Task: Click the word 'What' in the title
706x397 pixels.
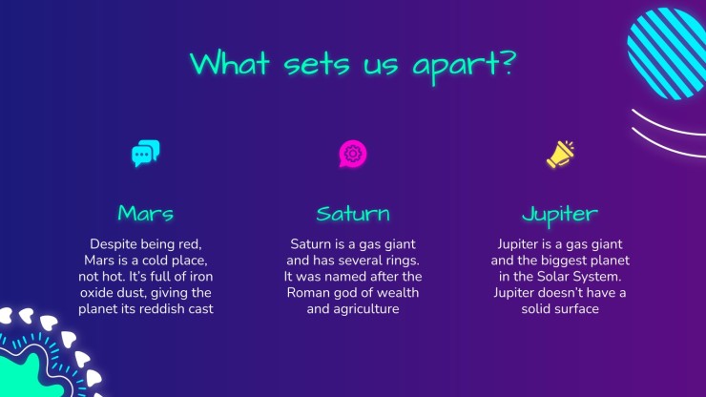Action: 230,63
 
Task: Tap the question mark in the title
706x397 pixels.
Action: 508,63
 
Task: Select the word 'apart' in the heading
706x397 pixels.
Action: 456,67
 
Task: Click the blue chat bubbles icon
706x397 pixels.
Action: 145,154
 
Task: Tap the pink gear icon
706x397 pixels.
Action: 353,154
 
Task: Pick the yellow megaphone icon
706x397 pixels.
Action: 560,154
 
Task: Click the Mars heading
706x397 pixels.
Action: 145,213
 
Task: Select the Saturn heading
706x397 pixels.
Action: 353,213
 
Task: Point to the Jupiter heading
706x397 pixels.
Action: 560,215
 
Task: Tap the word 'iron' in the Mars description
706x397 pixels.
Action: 201,276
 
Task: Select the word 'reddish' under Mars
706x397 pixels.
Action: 164,308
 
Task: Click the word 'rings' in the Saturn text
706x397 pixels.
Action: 402,261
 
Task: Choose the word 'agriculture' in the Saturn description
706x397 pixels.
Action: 367,309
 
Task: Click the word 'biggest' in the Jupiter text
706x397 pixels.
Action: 561,261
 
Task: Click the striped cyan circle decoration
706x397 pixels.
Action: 667,53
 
